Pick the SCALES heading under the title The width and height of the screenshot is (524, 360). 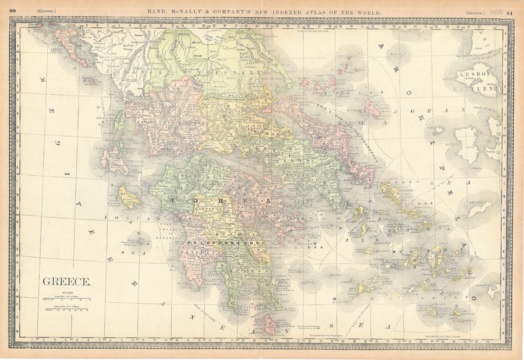pyautogui.click(x=68, y=292)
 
